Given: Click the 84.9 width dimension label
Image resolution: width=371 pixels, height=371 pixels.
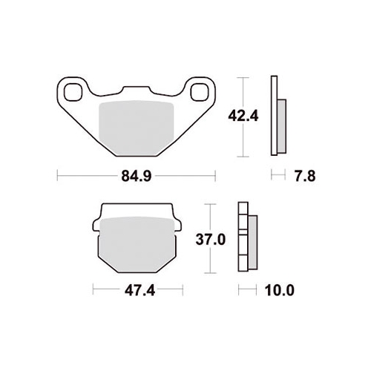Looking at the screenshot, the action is coord(137,177).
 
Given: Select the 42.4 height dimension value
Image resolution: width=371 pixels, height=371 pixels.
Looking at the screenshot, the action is coord(243,116).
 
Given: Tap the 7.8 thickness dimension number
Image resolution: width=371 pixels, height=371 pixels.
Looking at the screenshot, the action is coord(305,177).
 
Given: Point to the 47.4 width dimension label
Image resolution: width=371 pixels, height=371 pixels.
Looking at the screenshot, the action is coord(139,291).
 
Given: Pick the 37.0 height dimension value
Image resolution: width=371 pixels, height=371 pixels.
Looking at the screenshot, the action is coord(211,240).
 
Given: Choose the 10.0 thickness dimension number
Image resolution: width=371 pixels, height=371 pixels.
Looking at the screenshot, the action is coord(280,291).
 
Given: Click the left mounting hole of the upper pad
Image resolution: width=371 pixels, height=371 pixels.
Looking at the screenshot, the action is coord(73,92).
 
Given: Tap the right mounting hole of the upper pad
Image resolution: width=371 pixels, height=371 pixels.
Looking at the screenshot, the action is coord(200,92).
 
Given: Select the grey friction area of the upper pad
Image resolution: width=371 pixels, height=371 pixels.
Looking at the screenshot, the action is coord(137,128).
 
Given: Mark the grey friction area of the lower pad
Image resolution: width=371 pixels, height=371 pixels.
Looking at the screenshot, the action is coord(137,244).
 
